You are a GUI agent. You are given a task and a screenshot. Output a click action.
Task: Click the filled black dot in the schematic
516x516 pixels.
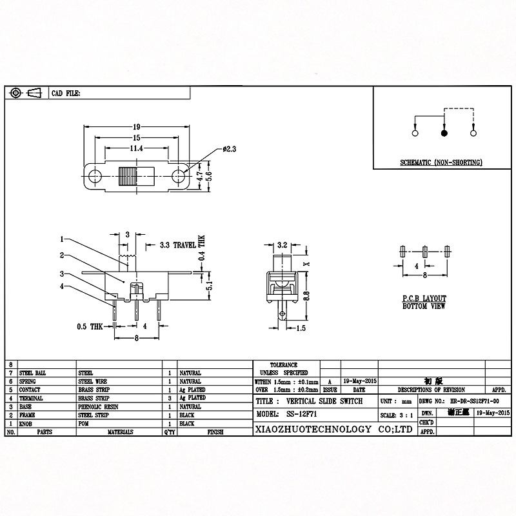pyautogui.click(x=444, y=133)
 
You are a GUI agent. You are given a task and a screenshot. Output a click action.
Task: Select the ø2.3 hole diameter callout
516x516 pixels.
pyautogui.click(x=230, y=149)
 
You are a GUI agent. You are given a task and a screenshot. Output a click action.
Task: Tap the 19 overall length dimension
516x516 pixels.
pyautogui.click(x=136, y=127)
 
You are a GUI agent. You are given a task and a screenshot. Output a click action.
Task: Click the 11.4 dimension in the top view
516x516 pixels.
pyautogui.click(x=136, y=148)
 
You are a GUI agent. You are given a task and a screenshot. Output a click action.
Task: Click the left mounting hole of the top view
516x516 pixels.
pyautogui.click(x=96, y=175)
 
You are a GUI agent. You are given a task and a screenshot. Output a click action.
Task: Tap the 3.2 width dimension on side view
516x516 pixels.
pyautogui.click(x=281, y=246)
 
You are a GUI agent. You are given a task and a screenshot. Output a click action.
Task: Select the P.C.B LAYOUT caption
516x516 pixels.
pyautogui.click(x=424, y=299)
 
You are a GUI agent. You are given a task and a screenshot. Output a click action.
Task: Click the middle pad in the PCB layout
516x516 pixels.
pyautogui.click(x=424, y=250)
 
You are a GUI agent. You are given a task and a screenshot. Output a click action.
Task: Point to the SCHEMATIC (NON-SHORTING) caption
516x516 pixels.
pyautogui.click(x=441, y=163)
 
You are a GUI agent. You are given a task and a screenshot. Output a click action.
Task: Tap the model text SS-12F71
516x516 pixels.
pyautogui.click(x=304, y=415)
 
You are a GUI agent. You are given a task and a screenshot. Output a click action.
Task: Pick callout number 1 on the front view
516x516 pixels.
pyautogui.click(x=62, y=239)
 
